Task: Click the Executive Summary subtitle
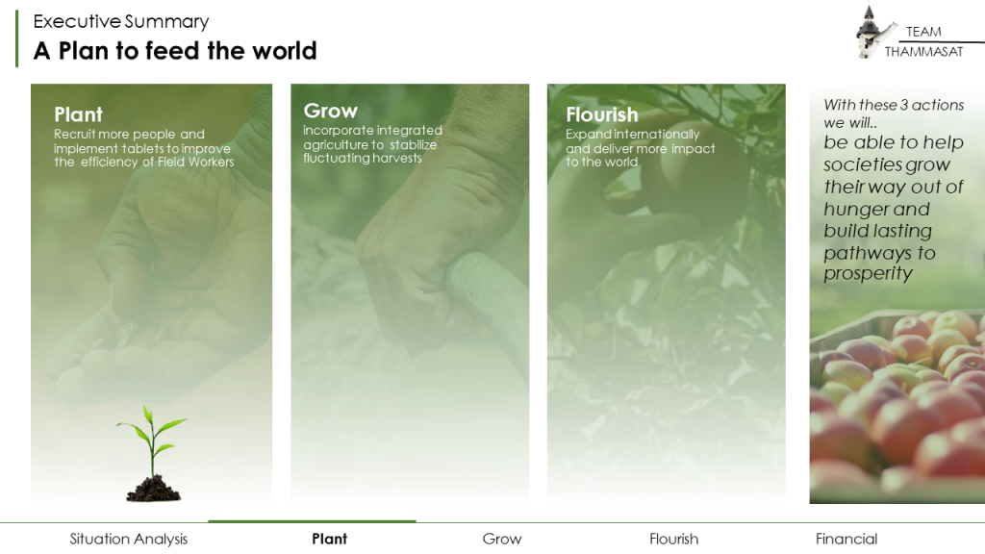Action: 121,21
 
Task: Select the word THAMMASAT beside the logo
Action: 923,52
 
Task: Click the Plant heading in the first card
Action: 78,114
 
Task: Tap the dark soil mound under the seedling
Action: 154,489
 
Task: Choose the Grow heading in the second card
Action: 331,111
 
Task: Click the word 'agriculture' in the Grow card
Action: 336,144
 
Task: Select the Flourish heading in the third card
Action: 602,114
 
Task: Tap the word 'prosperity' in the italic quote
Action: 868,274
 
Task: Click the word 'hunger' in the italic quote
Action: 855,209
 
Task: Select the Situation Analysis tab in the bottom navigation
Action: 129,539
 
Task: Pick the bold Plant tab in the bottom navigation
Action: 330,539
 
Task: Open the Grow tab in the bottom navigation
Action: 502,539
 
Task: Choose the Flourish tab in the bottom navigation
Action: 674,539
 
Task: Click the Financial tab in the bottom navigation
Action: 846,539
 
